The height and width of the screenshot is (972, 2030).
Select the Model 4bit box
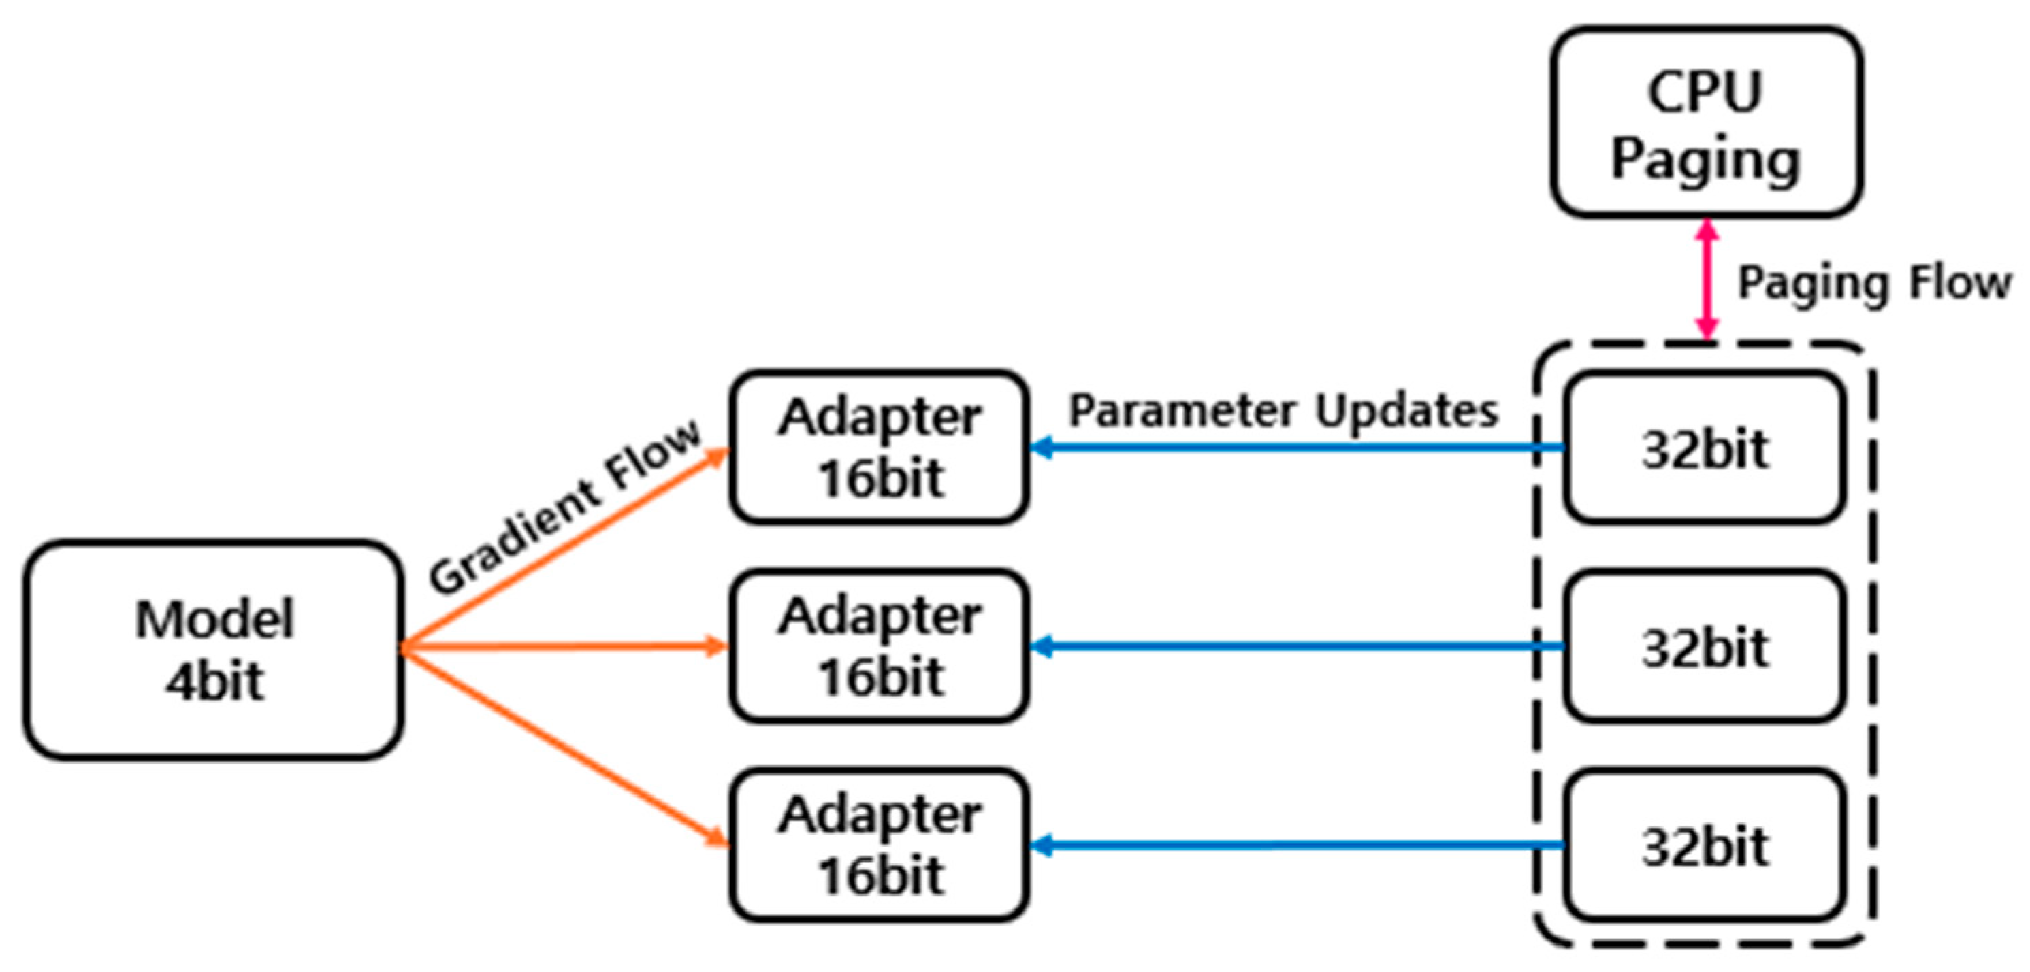214,649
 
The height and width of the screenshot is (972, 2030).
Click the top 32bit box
1705,448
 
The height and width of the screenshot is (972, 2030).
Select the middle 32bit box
1705,646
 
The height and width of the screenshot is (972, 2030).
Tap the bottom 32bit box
1705,845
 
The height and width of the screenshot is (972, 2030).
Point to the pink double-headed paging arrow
1707,279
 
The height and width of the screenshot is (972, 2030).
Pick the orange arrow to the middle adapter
564,648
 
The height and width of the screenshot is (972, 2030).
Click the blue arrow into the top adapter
1292,448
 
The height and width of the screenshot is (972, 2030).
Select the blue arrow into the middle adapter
1292,647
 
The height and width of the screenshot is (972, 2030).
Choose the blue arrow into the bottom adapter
1292,846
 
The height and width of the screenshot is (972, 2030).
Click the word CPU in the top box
1705,92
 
